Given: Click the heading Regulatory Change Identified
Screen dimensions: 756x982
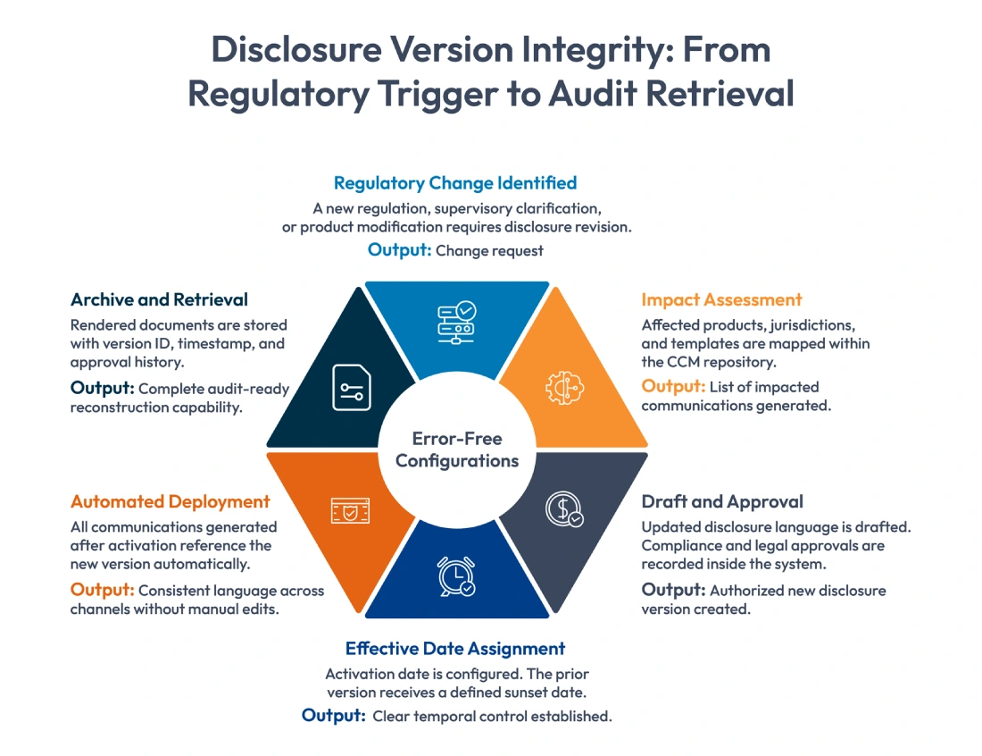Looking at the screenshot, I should [x=455, y=183].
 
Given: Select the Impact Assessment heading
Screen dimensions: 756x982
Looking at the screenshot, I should [x=721, y=300].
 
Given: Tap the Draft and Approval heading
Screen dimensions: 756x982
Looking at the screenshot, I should [x=722, y=501].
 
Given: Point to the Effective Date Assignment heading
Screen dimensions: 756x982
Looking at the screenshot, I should [x=455, y=649].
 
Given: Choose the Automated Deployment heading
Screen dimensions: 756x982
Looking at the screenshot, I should [x=171, y=501].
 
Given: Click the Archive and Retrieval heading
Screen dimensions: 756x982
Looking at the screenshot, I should [x=159, y=299].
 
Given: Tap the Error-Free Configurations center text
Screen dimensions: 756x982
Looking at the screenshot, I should [x=457, y=450].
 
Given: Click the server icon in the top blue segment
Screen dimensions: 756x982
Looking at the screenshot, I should [x=455, y=323].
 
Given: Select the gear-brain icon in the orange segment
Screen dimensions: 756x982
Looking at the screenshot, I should [x=563, y=386].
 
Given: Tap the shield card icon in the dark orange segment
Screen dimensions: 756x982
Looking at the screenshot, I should [x=350, y=510].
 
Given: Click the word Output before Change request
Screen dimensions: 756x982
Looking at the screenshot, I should [x=399, y=250].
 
